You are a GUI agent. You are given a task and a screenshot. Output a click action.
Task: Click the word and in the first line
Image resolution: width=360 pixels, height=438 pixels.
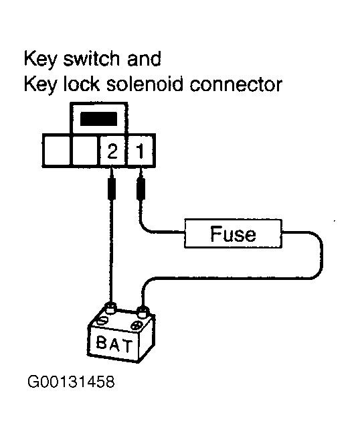coord(144,59)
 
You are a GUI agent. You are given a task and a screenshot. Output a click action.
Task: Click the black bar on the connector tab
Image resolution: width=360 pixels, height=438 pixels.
coord(99,120)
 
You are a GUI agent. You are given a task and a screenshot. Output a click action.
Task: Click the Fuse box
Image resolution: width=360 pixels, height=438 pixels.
coord(233,234)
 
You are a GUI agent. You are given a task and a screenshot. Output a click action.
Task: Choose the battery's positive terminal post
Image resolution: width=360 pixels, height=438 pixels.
coord(141,310)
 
